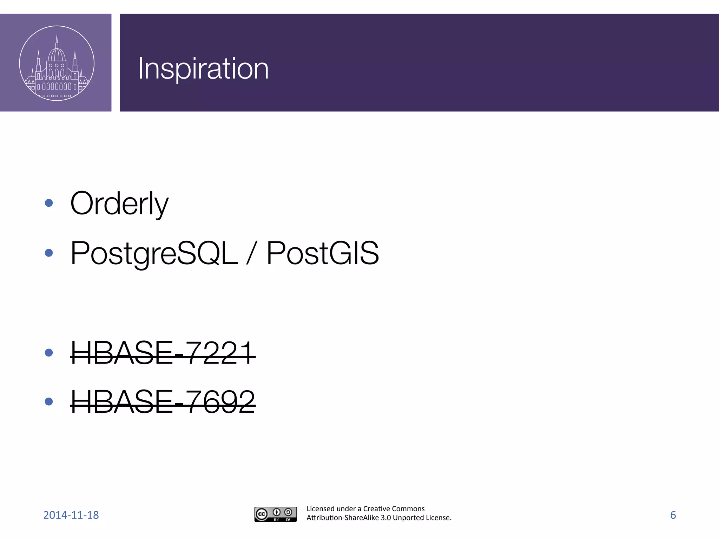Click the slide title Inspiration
[x=203, y=69]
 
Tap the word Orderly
[x=119, y=204]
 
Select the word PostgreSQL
[x=154, y=253]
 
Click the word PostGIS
[x=323, y=253]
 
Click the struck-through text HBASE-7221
[x=163, y=353]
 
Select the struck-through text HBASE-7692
[x=163, y=402]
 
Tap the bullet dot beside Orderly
[x=49, y=203]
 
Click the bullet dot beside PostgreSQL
[x=49, y=253]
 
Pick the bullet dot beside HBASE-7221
[x=49, y=352]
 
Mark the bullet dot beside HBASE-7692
[x=49, y=401]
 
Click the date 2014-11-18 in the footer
[x=71, y=515]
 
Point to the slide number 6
[x=673, y=515]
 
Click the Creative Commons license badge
[x=276, y=514]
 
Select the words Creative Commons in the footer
[x=394, y=509]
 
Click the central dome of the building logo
[x=57, y=54]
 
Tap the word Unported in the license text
[x=408, y=518]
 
